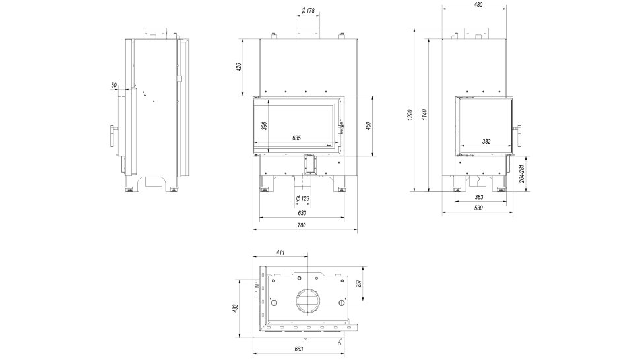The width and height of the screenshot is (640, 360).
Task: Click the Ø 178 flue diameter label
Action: click(307, 11)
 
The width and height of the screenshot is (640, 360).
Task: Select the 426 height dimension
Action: click(239, 67)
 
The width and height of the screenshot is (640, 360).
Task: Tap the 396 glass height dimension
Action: click(263, 126)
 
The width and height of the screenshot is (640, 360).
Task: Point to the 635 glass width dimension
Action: click(296, 138)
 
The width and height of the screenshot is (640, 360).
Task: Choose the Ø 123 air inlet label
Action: click(302, 198)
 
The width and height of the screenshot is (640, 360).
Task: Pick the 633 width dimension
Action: click(302, 213)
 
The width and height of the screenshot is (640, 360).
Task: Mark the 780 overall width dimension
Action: click(302, 225)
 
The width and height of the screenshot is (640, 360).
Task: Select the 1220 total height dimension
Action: click(410, 115)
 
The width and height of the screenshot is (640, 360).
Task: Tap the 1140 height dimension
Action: click(424, 115)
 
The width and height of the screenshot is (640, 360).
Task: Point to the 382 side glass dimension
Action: click(486, 142)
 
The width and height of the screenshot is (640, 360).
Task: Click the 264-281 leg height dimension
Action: click(522, 173)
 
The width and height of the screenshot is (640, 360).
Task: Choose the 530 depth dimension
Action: click(479, 208)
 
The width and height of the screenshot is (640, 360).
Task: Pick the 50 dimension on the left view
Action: click(114, 85)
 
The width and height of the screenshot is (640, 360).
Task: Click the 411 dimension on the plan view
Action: click(280, 253)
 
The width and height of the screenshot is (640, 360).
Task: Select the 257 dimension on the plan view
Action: click(359, 284)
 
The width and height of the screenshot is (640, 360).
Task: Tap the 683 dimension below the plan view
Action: click(299, 349)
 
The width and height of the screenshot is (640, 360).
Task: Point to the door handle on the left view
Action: click(113, 136)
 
